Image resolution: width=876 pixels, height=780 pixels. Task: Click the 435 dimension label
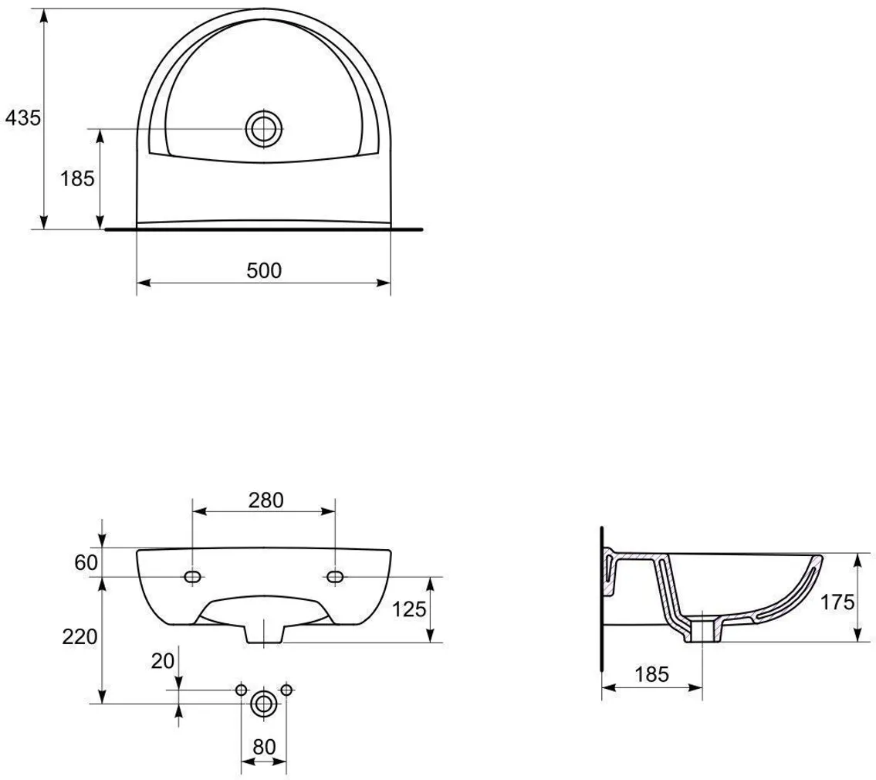[x=23, y=118]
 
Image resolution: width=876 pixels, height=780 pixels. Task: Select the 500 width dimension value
[x=264, y=270]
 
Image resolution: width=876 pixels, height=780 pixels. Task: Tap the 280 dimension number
[x=266, y=500]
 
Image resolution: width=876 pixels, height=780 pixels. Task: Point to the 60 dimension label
[x=86, y=562]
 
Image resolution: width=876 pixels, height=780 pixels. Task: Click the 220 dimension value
[x=80, y=636]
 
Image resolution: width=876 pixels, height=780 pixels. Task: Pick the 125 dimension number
[x=410, y=609]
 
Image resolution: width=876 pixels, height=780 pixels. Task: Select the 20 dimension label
[x=163, y=661]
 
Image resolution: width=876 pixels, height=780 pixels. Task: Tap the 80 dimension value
[x=264, y=747]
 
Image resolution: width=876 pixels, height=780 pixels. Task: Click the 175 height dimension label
[x=837, y=602]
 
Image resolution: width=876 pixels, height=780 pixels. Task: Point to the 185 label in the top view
[x=78, y=179]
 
